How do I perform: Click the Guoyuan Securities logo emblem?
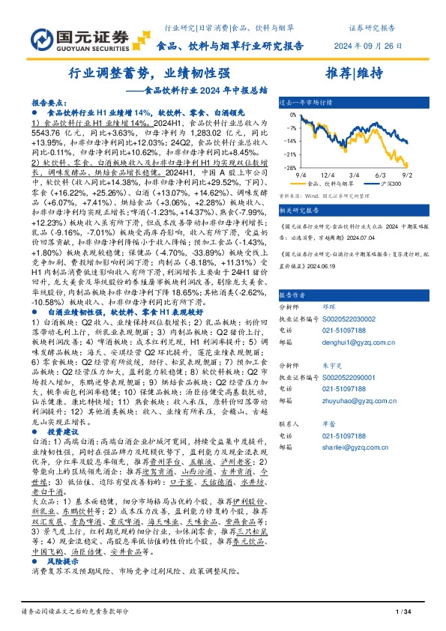(41, 40)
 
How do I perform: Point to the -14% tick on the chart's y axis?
(289, 140)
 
